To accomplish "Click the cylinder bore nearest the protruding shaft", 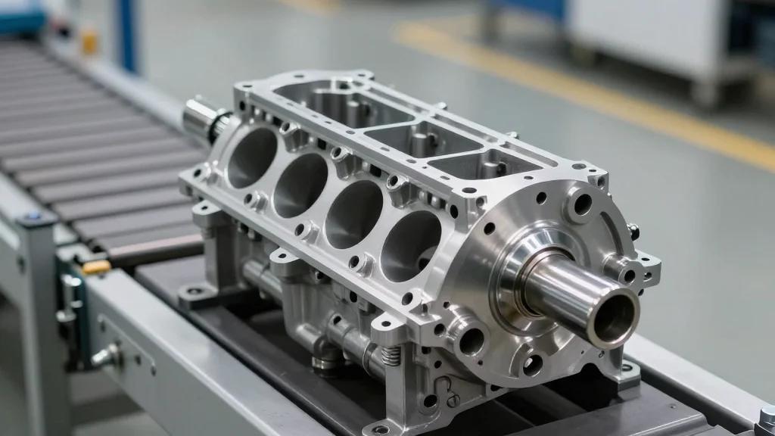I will (x=410, y=245).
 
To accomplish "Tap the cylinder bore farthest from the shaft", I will (x=252, y=157).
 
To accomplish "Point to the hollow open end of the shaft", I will (x=615, y=318).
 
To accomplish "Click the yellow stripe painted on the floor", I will (x=590, y=91).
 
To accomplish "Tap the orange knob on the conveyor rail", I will (x=97, y=267).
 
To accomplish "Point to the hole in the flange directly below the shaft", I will (x=533, y=365).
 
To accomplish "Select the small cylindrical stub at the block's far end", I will (x=201, y=117).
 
